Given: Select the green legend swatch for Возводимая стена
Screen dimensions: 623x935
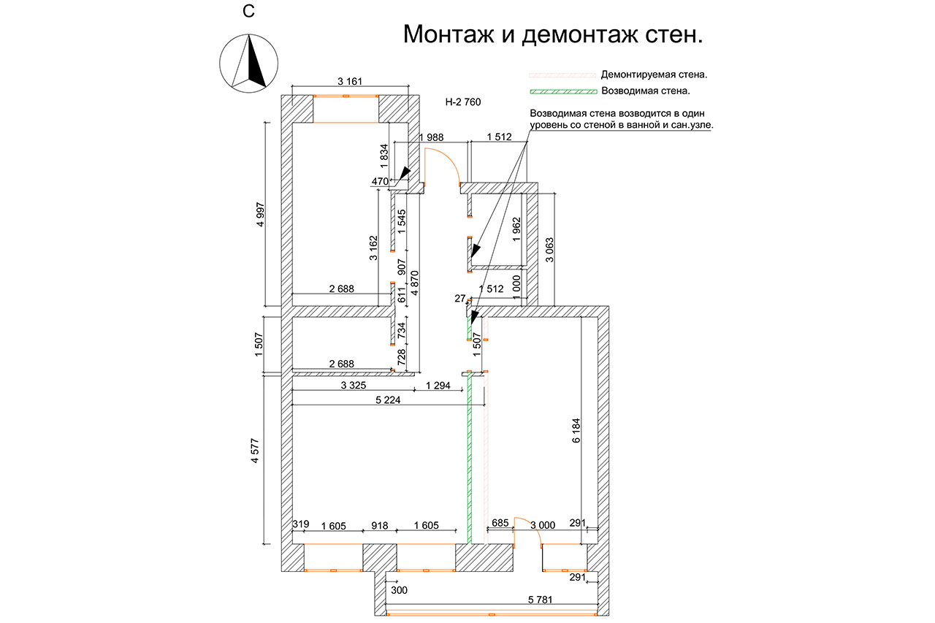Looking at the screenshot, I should click(562, 91).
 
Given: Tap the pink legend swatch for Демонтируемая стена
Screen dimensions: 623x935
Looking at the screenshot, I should click(562, 74).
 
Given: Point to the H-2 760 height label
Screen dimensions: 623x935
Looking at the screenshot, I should click(463, 103).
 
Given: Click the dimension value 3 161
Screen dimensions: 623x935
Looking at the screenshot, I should click(350, 81).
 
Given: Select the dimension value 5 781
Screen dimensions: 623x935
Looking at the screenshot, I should click(541, 600).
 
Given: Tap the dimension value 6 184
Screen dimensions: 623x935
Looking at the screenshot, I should click(576, 430).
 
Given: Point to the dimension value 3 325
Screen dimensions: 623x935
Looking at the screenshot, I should click(353, 384).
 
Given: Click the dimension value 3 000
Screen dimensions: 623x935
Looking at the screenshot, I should click(543, 524).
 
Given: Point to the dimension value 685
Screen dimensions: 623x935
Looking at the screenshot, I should click(500, 524).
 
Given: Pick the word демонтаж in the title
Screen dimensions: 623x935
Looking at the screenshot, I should click(574, 34).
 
